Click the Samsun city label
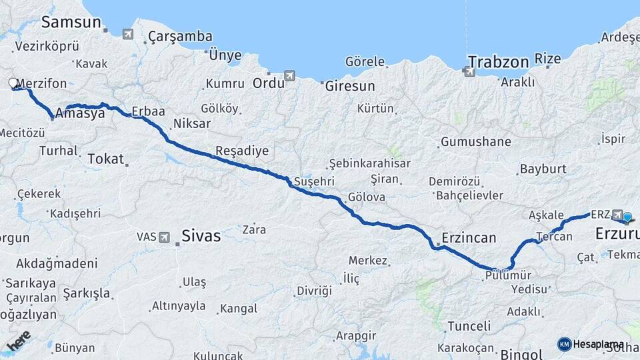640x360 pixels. tap(70, 21)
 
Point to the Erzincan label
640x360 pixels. tap(469, 238)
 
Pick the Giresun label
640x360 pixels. tap(349, 86)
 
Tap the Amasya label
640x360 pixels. tap(80, 113)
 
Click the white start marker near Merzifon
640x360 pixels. tap(13, 83)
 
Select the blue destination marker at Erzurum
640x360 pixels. tap(627, 217)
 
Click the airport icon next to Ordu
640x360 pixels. tap(289, 75)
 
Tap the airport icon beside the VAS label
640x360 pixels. tap(164, 237)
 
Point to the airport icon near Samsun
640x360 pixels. tap(127, 33)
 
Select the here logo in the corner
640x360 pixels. tap(19, 341)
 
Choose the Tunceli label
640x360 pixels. tap(469, 326)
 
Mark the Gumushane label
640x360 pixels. tap(475, 142)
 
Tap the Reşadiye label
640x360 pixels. tap(242, 151)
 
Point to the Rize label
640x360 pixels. tap(548, 59)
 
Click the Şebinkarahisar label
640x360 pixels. tap(369, 164)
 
